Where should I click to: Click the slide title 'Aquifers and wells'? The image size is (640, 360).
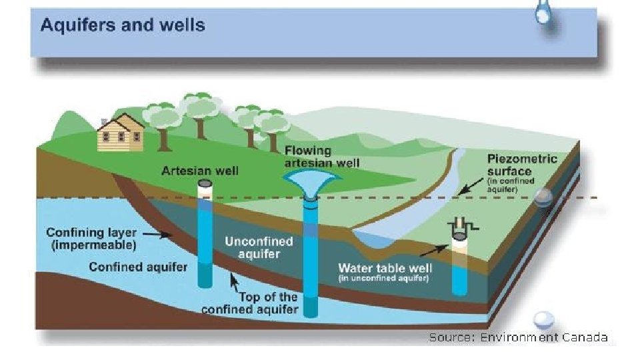pyautogui.click(x=123, y=26)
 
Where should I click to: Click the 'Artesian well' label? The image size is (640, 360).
pyautogui.click(x=200, y=171)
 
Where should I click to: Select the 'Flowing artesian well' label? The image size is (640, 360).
pyautogui.click(x=322, y=157)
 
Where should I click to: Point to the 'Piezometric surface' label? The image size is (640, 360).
pyautogui.click(x=522, y=165)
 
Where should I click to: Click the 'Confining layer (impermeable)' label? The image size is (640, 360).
pyautogui.click(x=91, y=239)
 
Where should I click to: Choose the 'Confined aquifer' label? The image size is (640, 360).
pyautogui.click(x=138, y=267)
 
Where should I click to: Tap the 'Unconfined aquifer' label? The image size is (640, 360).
pyautogui.click(x=252, y=247)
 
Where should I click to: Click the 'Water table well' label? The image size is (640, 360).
pyautogui.click(x=385, y=269)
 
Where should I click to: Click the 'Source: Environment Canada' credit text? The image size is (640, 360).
pyautogui.click(x=518, y=337)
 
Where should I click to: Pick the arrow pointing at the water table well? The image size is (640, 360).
pyautogui.click(x=433, y=251)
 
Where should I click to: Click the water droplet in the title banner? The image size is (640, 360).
pyautogui.click(x=543, y=13)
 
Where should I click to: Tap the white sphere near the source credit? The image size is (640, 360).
pyautogui.click(x=545, y=319)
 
